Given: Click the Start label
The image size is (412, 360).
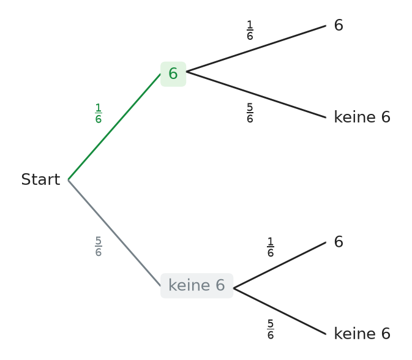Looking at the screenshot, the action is (x=41, y=179).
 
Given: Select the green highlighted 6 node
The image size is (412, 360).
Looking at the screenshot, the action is (x=173, y=74).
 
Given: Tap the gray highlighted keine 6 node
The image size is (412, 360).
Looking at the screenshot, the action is (x=197, y=286).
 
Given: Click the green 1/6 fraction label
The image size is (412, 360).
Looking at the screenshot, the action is (x=99, y=113).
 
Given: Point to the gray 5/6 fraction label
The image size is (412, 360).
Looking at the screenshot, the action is (x=99, y=246).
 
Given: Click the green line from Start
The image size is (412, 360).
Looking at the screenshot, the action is (x=114, y=127).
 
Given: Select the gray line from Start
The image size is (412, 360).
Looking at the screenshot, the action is (x=114, y=233).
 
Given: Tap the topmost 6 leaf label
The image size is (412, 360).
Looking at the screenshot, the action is (x=339, y=26).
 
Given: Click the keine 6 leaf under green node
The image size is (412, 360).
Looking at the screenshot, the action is (x=362, y=117).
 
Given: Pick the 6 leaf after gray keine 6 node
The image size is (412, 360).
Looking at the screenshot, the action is (x=339, y=242).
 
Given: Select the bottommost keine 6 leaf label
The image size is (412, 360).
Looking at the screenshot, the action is (x=362, y=334).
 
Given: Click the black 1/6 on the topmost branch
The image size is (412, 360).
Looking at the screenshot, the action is (x=250, y=30).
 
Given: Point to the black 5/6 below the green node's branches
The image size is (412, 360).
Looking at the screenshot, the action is (x=250, y=113).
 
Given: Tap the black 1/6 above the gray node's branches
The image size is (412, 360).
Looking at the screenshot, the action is (x=271, y=247).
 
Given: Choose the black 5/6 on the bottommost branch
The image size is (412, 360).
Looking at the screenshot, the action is (x=271, y=329).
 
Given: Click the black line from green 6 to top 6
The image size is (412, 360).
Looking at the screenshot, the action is (x=256, y=48).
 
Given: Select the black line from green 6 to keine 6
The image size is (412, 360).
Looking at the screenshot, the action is (x=256, y=95).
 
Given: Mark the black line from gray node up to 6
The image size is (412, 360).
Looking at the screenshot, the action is (x=280, y=265).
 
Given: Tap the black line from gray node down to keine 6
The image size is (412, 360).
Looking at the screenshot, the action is (x=280, y=312).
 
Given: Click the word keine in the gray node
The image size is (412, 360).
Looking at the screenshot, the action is (x=189, y=285).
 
